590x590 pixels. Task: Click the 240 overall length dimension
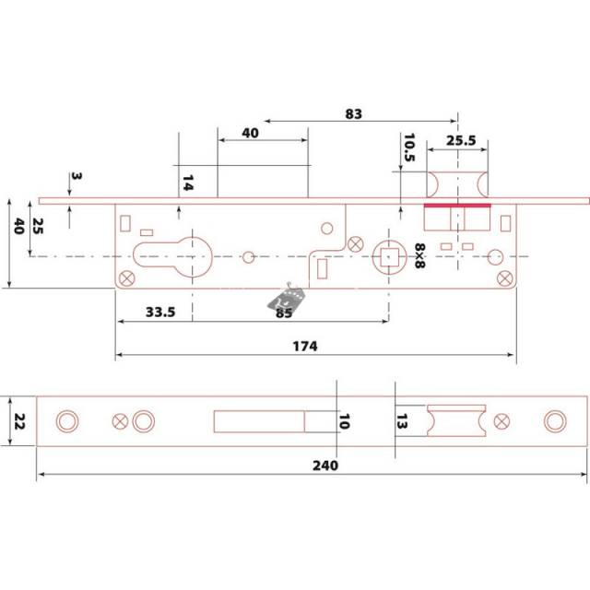(x=325, y=466)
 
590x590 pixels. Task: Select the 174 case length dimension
(x=305, y=346)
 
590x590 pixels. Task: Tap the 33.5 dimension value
(x=160, y=312)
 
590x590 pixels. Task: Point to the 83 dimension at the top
(x=354, y=113)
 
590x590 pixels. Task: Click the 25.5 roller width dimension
(x=461, y=140)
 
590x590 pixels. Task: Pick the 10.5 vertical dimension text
(x=409, y=147)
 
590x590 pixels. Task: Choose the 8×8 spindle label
(x=420, y=256)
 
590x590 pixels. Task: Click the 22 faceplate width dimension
(x=19, y=421)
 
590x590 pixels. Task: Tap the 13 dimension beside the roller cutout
(x=402, y=421)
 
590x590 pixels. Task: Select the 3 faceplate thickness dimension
(x=76, y=176)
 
